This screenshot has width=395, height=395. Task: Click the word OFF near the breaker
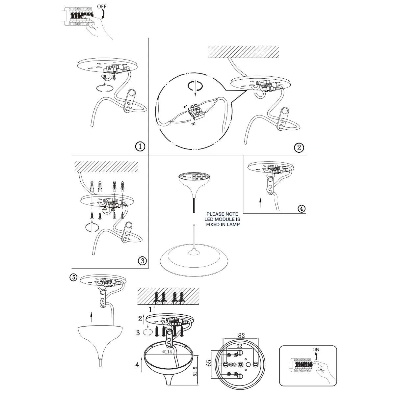coord(102,6)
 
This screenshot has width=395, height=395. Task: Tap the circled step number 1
coord(140,146)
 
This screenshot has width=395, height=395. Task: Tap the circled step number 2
coord(299,147)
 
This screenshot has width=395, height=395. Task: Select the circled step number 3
coord(142,261)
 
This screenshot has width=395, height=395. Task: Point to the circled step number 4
coord(301,208)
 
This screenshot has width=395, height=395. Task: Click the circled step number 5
coord(74,277)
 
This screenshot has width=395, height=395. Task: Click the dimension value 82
coord(241,335)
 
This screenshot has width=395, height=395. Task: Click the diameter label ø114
coord(168,352)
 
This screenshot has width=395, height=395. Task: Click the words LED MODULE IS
coord(223,219)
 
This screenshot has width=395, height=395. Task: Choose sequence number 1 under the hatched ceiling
coord(150,309)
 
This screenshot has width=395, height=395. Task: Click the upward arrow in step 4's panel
coord(260,202)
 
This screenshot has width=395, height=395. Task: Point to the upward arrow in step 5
coord(92,317)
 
